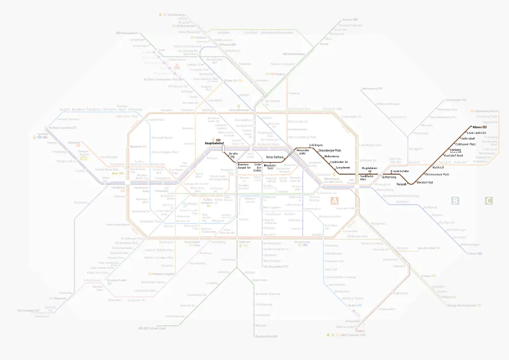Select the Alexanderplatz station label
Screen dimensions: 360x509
[303, 151]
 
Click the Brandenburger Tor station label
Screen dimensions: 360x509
[244, 166]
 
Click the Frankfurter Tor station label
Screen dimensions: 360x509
[338, 161]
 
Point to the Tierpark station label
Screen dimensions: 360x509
[402, 184]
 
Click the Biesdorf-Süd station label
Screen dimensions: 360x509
[425, 182]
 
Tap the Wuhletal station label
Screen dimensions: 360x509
[438, 167]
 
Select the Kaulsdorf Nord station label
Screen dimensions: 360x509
[453, 155]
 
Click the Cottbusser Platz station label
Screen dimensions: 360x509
[466, 144]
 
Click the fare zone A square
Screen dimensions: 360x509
[334, 201]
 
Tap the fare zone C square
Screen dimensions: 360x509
[488, 201]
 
